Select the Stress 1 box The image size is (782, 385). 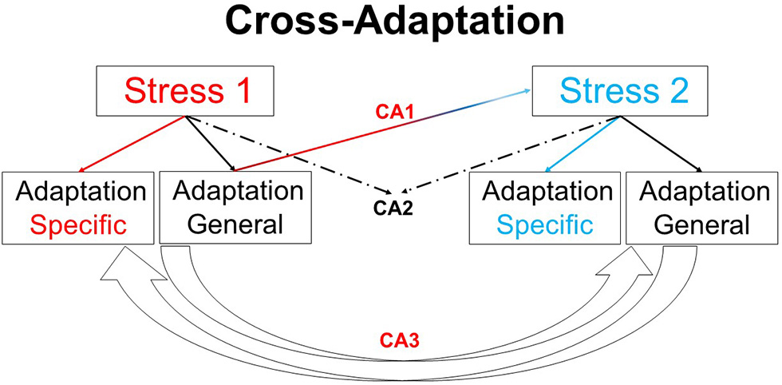(x=187, y=91)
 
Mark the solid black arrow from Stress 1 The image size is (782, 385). (x=210, y=145)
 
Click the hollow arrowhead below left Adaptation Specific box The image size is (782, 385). (x=120, y=267)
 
